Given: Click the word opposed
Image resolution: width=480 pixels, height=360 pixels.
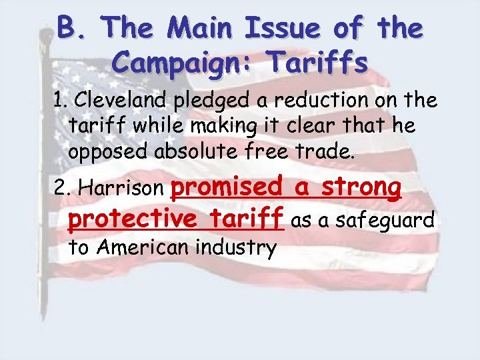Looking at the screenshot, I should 100,151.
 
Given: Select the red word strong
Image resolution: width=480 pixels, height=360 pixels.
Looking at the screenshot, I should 361,187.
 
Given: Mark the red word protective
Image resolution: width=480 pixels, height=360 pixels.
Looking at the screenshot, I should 131,219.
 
